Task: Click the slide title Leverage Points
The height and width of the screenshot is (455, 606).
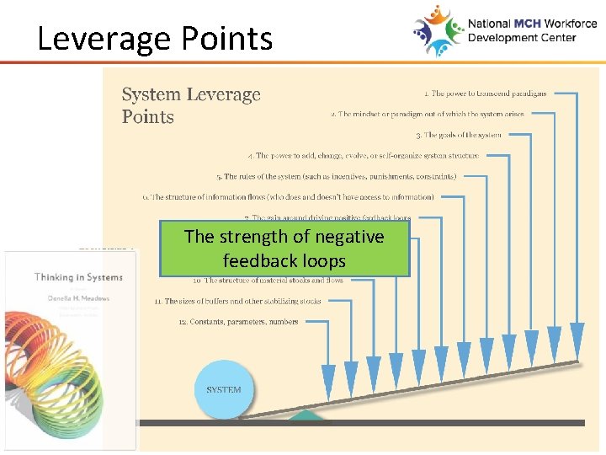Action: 155,39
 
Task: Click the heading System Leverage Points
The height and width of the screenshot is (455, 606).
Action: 191,105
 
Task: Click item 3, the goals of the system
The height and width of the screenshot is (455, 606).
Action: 458,135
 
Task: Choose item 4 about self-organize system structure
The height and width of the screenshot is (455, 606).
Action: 364,156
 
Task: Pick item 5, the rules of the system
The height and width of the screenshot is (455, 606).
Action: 337,177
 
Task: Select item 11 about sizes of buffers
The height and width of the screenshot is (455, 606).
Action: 237,301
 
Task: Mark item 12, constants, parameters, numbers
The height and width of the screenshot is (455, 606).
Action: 238,322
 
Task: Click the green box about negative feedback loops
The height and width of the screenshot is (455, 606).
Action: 284,249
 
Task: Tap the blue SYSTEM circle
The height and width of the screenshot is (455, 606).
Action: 224,389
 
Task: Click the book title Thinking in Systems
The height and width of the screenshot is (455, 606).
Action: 78,277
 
